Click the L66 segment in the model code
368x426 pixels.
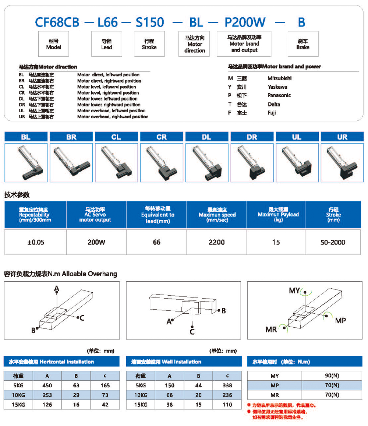[x=106, y=22]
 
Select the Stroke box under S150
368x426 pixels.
[x=149, y=44]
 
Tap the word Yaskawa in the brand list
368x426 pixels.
[x=277, y=87]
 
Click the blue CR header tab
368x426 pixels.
[x=162, y=137]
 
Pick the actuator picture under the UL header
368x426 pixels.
[x=297, y=162]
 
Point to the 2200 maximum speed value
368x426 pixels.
[x=216, y=242]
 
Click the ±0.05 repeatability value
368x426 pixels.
[x=35, y=242]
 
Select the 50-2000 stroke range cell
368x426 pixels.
[x=333, y=242]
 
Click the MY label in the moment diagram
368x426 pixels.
[x=294, y=291]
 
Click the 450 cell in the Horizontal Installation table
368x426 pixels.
[x=47, y=385]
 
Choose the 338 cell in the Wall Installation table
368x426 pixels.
[x=227, y=385]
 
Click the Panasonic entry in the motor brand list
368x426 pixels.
[x=279, y=95]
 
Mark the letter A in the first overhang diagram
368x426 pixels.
[x=57, y=288]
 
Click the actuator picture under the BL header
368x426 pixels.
[x=26, y=162]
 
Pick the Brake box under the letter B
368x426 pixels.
[x=302, y=44]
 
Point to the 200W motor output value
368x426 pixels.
[x=96, y=242]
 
